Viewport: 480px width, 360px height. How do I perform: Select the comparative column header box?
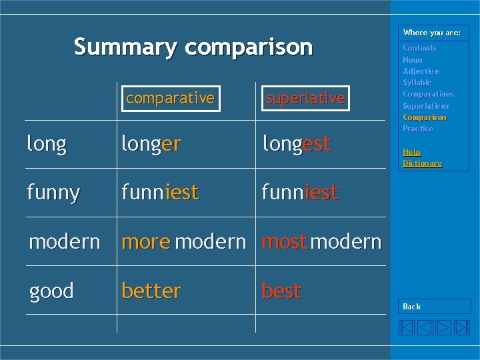[x=170, y=99]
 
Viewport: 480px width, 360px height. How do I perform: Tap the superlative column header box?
[x=305, y=99]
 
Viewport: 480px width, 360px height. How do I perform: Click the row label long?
[x=47, y=144]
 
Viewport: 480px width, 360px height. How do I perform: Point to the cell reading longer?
[x=151, y=144]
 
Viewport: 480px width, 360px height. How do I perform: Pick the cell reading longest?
[x=296, y=144]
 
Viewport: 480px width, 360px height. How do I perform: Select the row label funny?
[x=53, y=193]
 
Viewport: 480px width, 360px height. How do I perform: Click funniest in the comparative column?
[x=160, y=193]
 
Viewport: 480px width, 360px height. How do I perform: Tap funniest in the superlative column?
[x=300, y=193]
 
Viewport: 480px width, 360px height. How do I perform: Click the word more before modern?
[x=146, y=242]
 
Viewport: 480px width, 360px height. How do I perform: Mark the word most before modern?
[x=284, y=242]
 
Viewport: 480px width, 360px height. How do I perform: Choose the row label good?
[x=51, y=291]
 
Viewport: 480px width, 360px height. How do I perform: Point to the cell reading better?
[x=151, y=291]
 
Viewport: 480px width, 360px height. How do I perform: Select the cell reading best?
[x=281, y=291]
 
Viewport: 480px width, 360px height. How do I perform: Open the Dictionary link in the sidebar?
[x=422, y=163]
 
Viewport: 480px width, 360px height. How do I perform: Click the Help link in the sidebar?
[x=411, y=152]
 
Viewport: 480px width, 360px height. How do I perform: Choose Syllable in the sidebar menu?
[x=417, y=83]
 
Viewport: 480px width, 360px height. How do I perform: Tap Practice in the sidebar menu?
[x=418, y=129]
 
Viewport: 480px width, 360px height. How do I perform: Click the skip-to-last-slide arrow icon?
[x=461, y=327]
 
